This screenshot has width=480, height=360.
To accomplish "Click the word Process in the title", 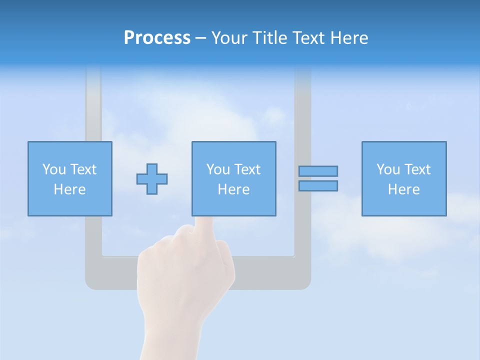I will (x=157, y=38).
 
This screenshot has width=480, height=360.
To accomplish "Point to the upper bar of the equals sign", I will (x=318, y=171).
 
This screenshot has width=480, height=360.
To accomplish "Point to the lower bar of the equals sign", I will (x=318, y=185).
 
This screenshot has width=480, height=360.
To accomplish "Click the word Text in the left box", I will (x=83, y=169).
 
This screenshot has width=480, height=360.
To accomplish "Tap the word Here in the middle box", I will (x=233, y=189).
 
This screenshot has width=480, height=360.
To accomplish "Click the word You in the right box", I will (x=388, y=169).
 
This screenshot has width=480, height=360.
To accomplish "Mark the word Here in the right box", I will (x=403, y=189).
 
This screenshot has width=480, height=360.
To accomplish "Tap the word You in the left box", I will (x=54, y=169).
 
